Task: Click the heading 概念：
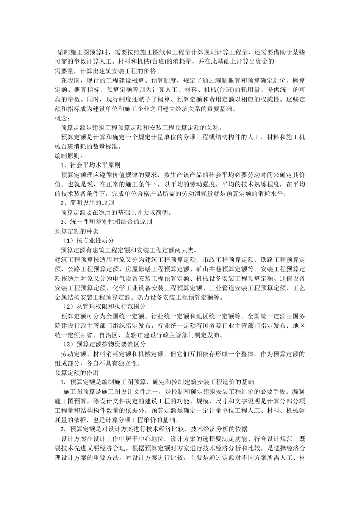(x=63, y=119)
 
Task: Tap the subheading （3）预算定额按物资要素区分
(x=104, y=344)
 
